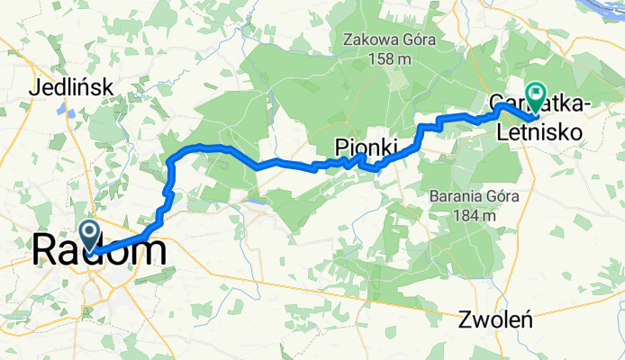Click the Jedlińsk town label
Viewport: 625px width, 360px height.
70,88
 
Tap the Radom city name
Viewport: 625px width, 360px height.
99,249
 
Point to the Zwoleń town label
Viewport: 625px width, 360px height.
497,319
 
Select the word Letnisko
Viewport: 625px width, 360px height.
537,133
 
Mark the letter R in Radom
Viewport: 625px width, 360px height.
46,249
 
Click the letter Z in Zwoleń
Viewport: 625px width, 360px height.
465,319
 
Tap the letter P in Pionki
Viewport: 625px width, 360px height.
341,146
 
